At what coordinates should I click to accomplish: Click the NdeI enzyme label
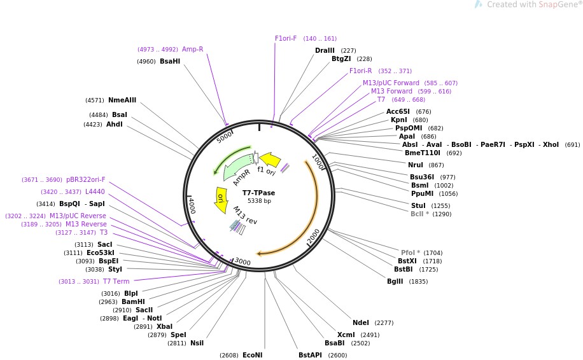click(361, 322)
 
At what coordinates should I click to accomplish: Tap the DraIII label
click(325, 50)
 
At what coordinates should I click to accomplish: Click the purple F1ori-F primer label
click(286, 38)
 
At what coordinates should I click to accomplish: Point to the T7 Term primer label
click(116, 281)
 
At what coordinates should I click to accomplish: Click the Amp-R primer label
click(192, 49)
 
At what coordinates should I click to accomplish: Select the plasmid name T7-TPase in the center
click(258, 193)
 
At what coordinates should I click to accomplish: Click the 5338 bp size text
click(258, 201)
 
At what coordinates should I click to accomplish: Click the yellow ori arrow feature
click(221, 198)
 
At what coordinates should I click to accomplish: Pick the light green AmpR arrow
click(235, 169)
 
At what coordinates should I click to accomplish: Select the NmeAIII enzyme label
click(122, 100)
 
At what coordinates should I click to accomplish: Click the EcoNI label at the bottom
click(252, 355)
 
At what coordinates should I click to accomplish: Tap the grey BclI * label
click(419, 214)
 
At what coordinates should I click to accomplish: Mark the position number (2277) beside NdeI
click(384, 322)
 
